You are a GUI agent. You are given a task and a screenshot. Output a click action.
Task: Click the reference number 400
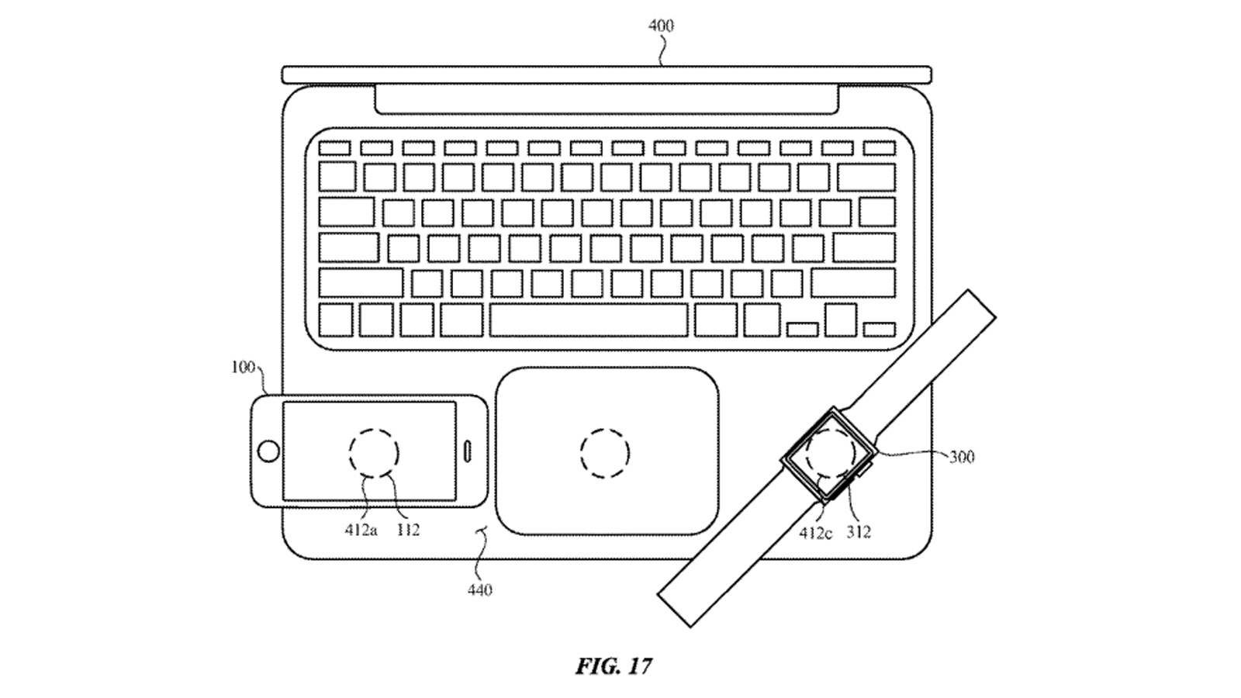661,26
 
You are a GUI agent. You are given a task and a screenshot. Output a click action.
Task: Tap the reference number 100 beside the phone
243,367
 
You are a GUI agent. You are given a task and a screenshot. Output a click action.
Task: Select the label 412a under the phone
361,531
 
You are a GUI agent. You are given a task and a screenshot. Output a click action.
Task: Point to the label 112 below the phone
407,531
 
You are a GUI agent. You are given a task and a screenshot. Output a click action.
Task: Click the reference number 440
479,590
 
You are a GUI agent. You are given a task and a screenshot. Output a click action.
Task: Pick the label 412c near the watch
816,533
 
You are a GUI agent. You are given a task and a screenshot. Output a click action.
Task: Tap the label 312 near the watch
859,532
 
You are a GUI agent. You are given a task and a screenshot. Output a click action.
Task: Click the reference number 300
961,457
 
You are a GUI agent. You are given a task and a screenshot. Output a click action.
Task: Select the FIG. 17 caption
614,666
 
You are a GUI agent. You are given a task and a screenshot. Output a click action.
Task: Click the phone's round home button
268,451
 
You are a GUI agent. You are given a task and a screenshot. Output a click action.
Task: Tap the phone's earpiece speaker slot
468,451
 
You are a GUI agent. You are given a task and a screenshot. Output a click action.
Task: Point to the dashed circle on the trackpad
605,453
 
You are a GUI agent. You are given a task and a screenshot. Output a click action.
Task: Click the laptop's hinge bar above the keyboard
606,99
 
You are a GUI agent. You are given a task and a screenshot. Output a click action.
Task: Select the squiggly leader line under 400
662,51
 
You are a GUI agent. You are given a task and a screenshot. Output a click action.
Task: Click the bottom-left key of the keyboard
335,320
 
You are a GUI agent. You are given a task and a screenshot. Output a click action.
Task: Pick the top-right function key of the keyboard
879,148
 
